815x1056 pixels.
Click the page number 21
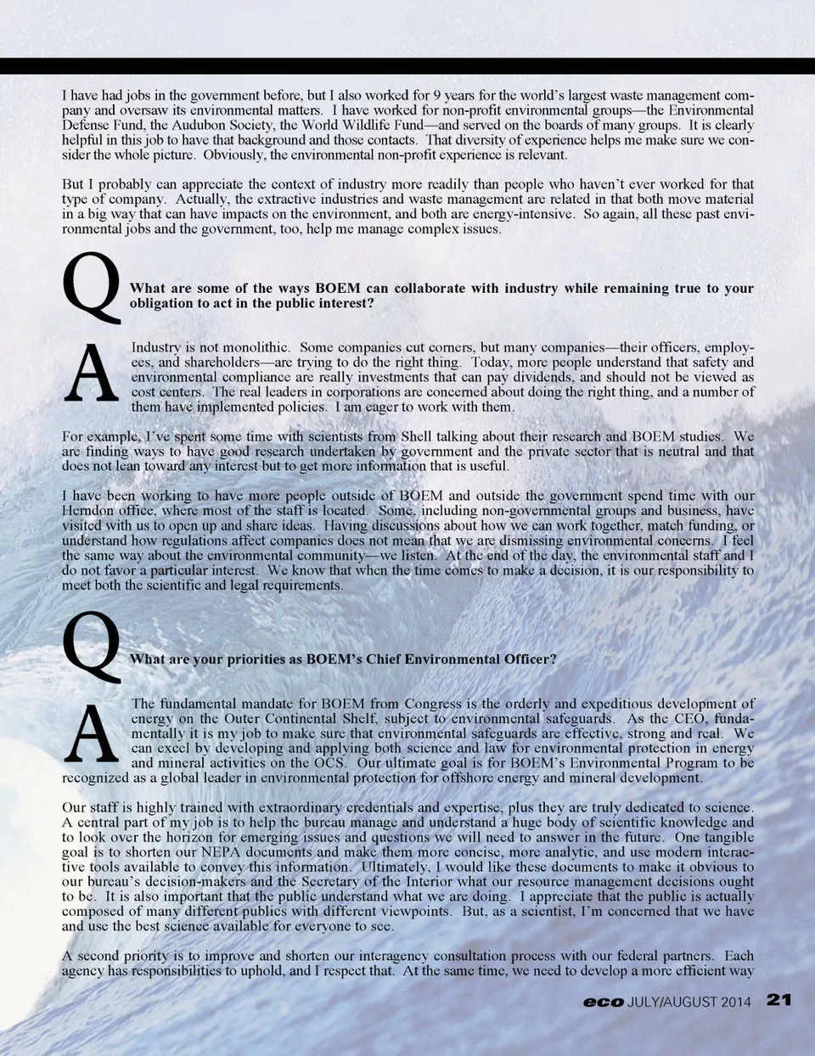[778, 1000]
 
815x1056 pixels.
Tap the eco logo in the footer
[603, 1002]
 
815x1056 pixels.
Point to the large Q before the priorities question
[92, 646]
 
